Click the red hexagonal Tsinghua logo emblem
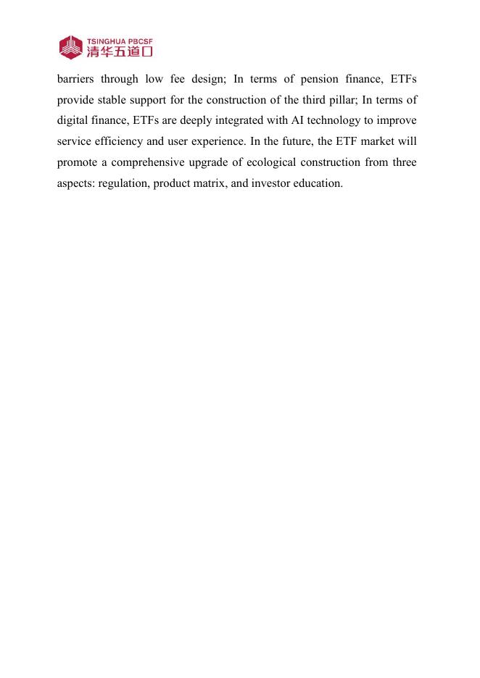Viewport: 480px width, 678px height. [71, 47]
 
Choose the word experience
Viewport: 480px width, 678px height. [220, 141]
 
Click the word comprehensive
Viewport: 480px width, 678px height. [151, 162]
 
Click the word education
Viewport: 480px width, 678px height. [319, 183]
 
